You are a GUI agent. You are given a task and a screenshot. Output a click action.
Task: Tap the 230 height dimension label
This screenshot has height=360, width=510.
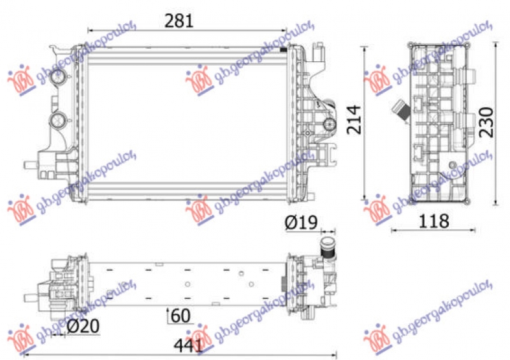[486, 121]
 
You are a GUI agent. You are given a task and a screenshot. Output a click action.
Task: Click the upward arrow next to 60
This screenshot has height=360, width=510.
[168, 315]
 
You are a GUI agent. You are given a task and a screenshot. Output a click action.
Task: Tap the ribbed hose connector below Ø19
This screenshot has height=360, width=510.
[327, 248]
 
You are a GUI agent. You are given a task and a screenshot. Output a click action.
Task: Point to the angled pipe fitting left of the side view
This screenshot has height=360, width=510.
[400, 110]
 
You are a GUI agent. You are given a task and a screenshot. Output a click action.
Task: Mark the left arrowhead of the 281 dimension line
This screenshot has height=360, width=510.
[89, 29]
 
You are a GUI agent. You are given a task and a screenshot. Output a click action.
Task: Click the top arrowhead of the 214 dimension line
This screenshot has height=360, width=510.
[365, 48]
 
